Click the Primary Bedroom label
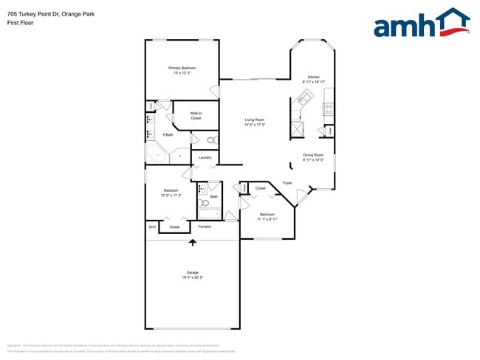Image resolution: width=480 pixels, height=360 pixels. point(182,68)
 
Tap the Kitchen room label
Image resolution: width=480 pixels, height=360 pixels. point(314,77)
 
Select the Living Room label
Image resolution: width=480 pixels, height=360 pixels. point(255,120)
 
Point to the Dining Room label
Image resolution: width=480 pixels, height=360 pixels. point(313,155)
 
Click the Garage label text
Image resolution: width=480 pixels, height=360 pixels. point(192,272)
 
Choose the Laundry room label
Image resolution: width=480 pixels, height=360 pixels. point(205,157)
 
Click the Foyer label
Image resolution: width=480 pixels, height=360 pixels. point(287,183)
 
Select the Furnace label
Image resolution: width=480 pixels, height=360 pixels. point(205,226)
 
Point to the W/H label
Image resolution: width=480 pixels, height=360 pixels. point(151,226)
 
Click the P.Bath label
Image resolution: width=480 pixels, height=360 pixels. point(168,134)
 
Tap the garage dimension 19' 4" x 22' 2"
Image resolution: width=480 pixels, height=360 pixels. point(192,277)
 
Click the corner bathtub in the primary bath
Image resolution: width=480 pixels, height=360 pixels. point(157,154)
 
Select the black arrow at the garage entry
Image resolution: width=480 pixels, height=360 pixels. point(193,242)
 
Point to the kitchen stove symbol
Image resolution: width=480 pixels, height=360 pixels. point(328,108)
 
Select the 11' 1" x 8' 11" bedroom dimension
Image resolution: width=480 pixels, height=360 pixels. point(267,219)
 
